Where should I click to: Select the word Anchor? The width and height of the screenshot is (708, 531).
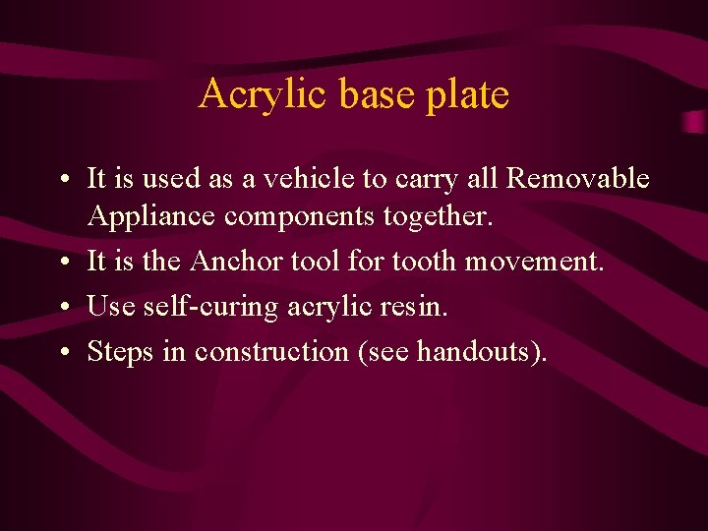pyautogui.click(x=233, y=263)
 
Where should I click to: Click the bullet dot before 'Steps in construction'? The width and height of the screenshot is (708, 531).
pyautogui.click(x=62, y=353)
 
